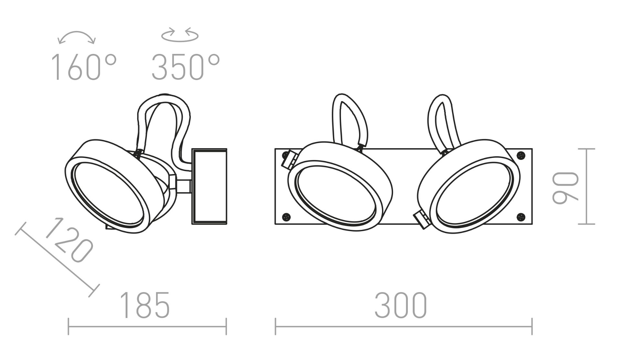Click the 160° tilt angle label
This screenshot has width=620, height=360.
tap(84, 67)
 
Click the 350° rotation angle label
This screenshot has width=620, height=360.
tap(186, 67)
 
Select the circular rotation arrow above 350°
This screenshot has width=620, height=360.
tap(180, 35)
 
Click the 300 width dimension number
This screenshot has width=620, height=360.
tap(401, 305)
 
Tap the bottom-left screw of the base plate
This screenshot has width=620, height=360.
tap(285, 216)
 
